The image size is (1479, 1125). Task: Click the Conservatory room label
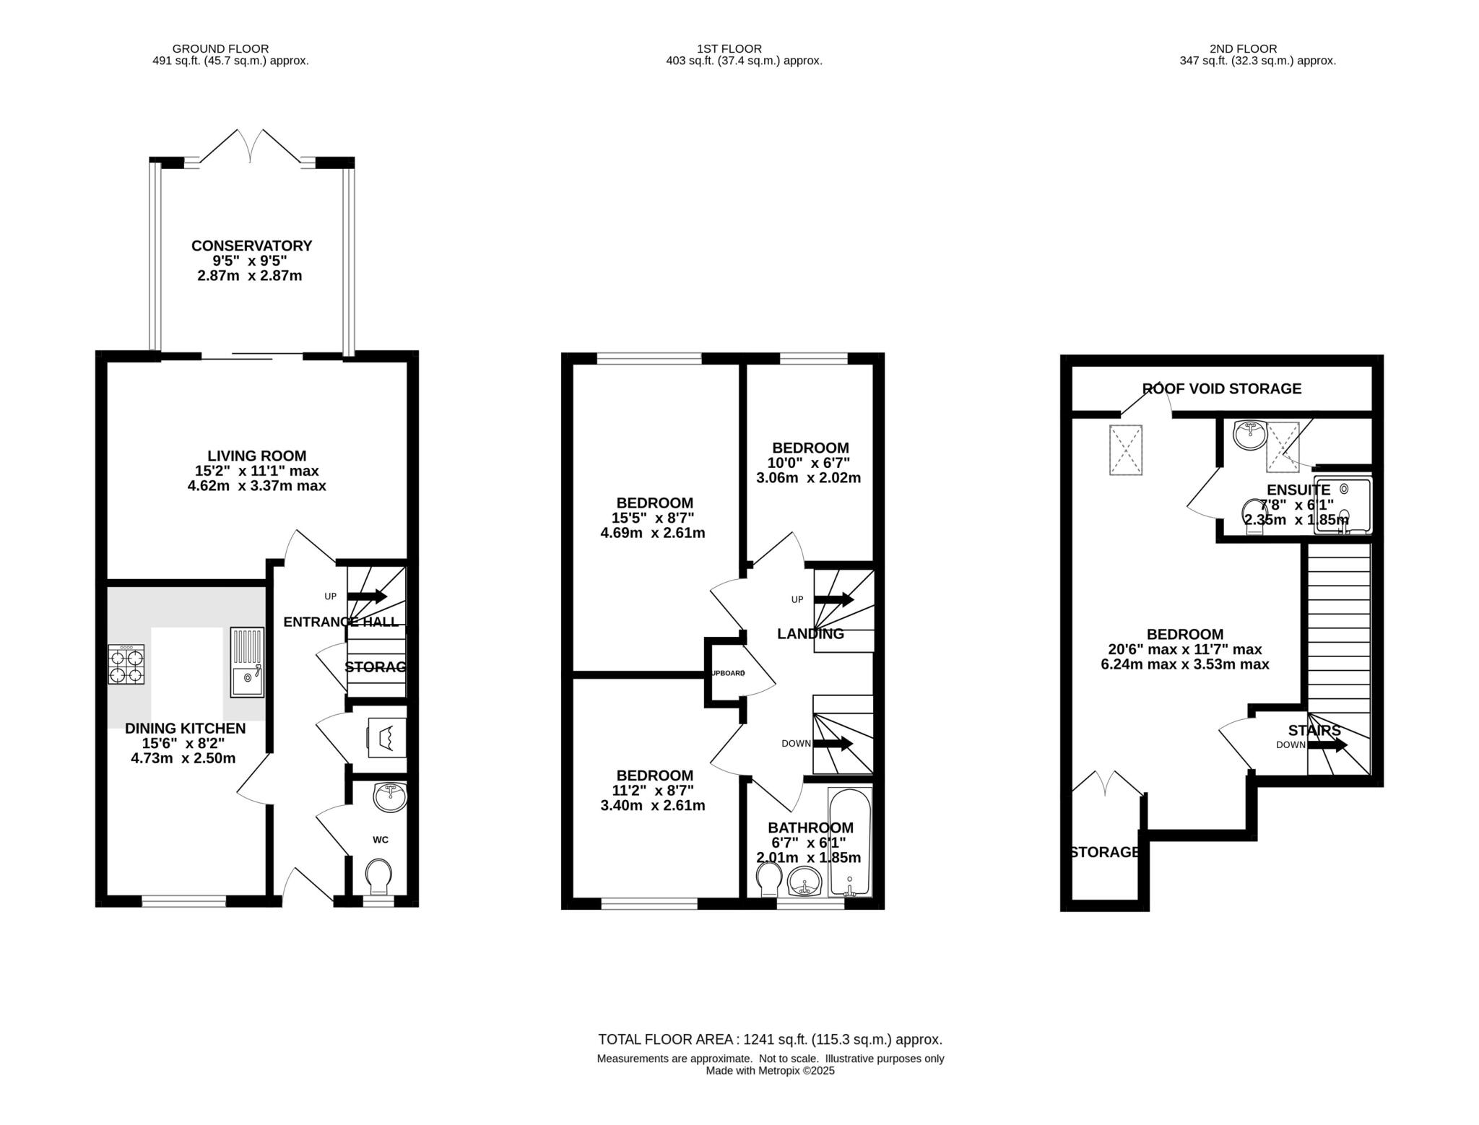(x=251, y=246)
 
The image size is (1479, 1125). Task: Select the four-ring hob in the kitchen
(x=126, y=665)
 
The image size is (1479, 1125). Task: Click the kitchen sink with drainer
(x=248, y=662)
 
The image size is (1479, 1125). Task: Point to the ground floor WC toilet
(x=379, y=877)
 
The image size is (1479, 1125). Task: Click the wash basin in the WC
(x=390, y=797)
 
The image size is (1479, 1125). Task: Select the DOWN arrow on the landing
(x=833, y=744)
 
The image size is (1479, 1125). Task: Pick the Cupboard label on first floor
(x=727, y=673)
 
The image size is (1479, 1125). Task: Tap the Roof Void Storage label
(x=1222, y=388)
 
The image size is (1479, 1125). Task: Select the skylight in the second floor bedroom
(x=1126, y=450)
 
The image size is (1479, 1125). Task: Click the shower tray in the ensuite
(x=1343, y=505)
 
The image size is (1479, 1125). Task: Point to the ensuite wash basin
(x=1249, y=435)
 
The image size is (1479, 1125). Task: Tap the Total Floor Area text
(x=770, y=1040)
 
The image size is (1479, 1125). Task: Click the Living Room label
(x=256, y=456)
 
